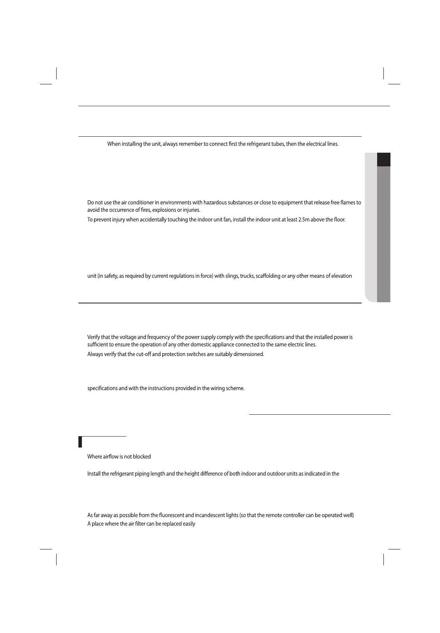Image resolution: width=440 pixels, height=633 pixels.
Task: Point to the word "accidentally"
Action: tap(149, 219)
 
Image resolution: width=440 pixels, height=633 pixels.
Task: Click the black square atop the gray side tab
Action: tap(384, 160)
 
